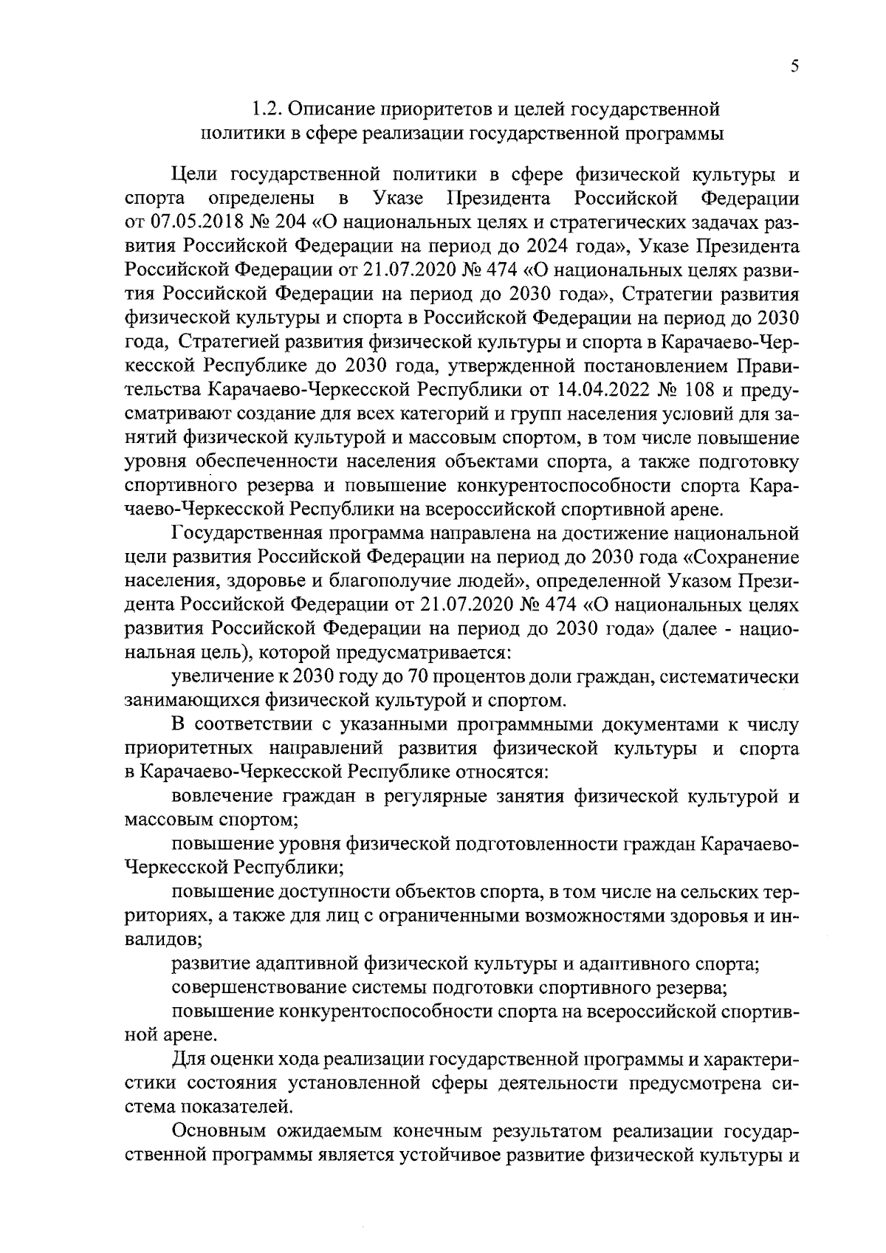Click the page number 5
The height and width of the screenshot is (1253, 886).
(794, 67)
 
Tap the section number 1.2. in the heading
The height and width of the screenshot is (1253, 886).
(265, 110)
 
